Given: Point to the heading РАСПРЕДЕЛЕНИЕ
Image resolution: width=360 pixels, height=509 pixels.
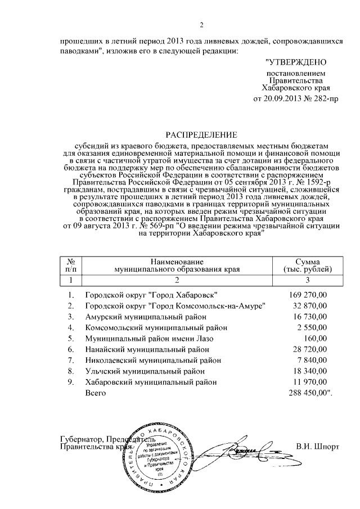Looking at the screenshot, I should (201, 134).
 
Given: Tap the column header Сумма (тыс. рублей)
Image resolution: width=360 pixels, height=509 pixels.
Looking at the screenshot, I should (307, 265).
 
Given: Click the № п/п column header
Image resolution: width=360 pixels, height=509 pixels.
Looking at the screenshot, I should (71, 265).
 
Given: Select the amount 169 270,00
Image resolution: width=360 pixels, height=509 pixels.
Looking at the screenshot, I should (307, 295).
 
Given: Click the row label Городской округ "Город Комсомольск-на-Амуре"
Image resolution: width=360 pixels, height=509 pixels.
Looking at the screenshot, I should (175, 305).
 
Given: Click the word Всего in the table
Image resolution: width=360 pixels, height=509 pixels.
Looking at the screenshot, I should (96, 393).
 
